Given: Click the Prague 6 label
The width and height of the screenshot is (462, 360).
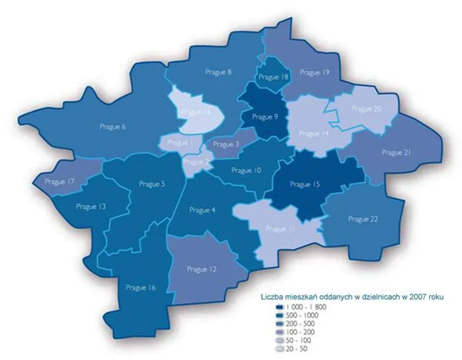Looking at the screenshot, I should click(113, 126).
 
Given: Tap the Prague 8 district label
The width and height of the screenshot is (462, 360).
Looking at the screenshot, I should click(220, 72).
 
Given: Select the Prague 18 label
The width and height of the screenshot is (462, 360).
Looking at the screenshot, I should click(274, 77).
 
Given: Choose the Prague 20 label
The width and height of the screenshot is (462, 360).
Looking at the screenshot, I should click(366, 108).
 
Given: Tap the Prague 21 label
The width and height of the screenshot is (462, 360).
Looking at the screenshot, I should click(395, 152).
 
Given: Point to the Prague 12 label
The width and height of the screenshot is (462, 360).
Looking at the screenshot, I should click(201, 269).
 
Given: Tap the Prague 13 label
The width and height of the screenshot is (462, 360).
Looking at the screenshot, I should click(91, 206).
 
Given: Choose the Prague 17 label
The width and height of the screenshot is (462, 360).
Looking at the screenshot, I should click(60, 181).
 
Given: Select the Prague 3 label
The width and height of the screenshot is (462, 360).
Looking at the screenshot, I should click(226, 144).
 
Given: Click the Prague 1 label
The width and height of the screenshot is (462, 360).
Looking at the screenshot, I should click(179, 142).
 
